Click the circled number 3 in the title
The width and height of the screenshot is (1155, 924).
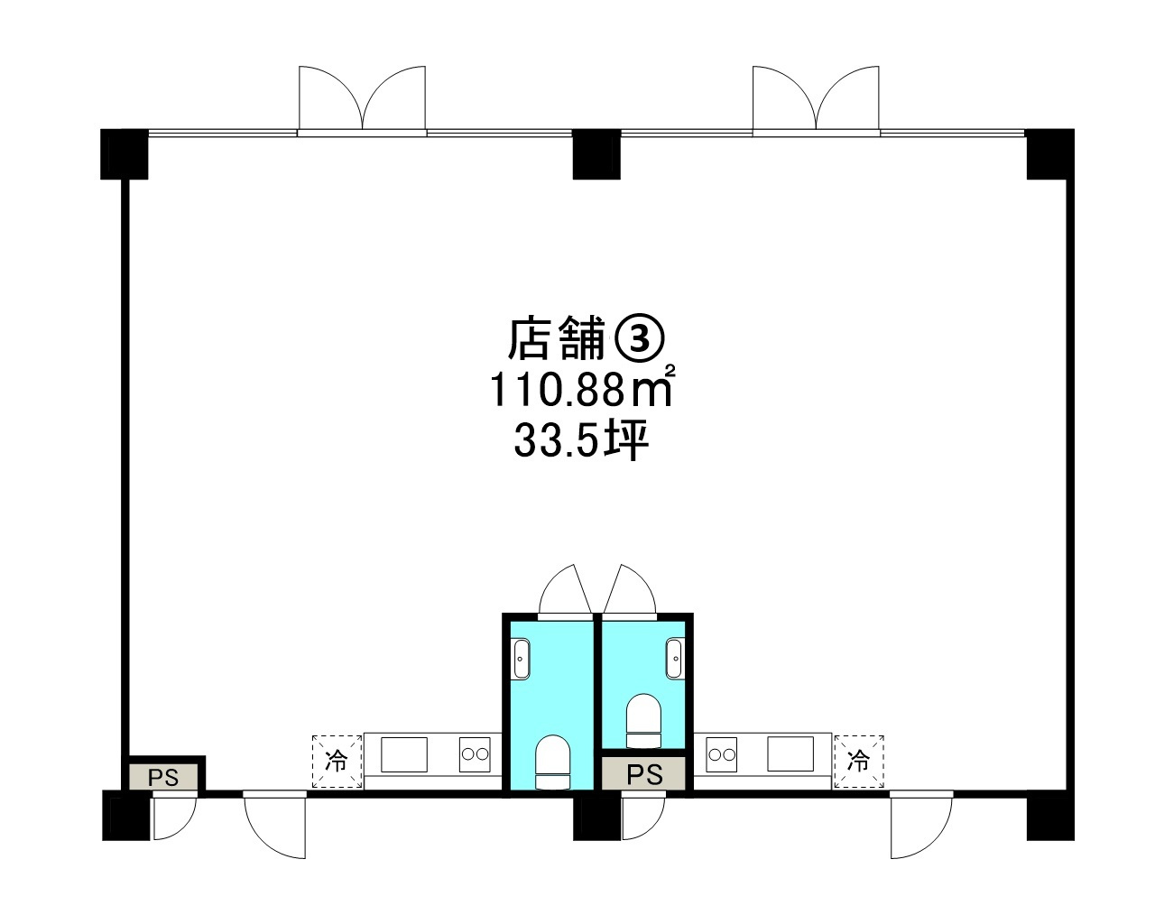point(639,338)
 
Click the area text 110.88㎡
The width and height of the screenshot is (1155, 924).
point(582,390)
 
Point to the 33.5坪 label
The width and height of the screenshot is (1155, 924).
point(582,441)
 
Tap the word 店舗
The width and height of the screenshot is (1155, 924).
point(555,338)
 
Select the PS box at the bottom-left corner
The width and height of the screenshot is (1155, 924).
point(163,777)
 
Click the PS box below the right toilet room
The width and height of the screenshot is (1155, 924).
point(645,774)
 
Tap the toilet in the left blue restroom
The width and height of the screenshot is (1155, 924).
point(551,762)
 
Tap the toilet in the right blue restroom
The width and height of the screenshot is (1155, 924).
point(643,721)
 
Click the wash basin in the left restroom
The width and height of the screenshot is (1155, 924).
point(521,658)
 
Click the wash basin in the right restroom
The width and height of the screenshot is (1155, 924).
point(674,658)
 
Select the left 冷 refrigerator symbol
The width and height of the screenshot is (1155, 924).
point(337,761)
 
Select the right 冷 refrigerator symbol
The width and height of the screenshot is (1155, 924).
point(859,761)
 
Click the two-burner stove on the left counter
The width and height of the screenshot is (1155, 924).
point(475,754)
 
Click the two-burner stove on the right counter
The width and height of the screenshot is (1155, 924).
point(722,754)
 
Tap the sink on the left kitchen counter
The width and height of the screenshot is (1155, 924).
point(403,754)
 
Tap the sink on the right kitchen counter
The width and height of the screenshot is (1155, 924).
point(790,754)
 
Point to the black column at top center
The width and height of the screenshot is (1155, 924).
point(597,154)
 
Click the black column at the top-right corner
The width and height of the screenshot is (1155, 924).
point(1049,154)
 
